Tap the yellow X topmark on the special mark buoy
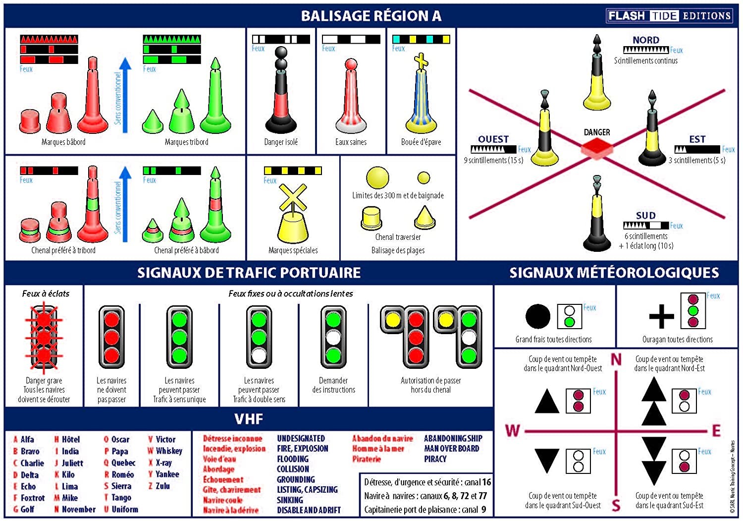(293, 197)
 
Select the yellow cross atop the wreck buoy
(421, 61)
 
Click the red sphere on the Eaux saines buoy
(351, 64)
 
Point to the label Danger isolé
(281, 142)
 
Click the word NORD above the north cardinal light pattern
(646, 40)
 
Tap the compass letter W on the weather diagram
(513, 431)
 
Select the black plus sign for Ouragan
(661, 316)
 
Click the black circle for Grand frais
(537, 316)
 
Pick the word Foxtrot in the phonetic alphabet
(33, 498)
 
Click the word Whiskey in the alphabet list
(169, 451)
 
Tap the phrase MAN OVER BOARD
(451, 449)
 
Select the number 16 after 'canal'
(486, 482)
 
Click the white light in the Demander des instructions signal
(333, 338)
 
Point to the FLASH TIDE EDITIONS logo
(669, 15)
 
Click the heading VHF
(249, 419)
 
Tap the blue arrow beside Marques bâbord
(125, 95)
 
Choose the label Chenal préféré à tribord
(63, 250)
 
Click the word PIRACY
(435, 459)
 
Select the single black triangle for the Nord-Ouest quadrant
(547, 401)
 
